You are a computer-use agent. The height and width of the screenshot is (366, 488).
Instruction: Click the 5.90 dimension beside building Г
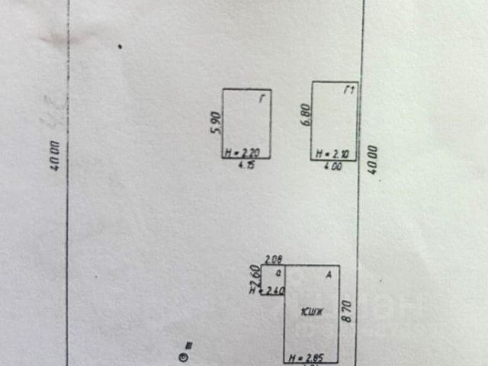tap(215, 123)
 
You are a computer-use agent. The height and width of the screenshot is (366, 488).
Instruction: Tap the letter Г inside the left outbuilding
tap(262, 97)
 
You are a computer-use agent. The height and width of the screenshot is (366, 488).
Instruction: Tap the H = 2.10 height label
tap(334, 154)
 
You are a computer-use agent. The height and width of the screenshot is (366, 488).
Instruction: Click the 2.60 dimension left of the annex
tap(255, 272)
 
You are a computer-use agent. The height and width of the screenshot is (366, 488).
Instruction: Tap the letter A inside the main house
tap(329, 274)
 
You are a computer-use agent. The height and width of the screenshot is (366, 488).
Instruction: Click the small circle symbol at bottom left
tap(182, 355)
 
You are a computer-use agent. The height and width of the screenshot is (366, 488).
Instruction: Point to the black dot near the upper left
tap(119, 47)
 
